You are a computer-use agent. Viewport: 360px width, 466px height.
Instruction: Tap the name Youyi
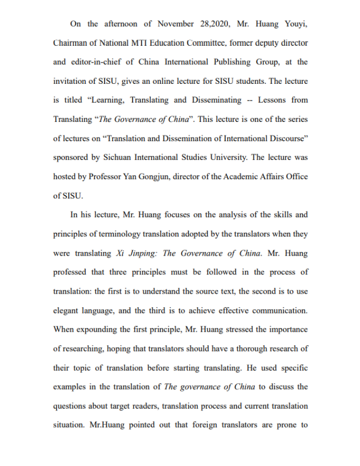point(294,23)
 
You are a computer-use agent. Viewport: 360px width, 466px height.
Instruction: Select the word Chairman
point(70,43)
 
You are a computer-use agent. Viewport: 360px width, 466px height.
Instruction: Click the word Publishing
point(232,62)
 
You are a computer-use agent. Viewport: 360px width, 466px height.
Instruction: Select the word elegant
point(69,310)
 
